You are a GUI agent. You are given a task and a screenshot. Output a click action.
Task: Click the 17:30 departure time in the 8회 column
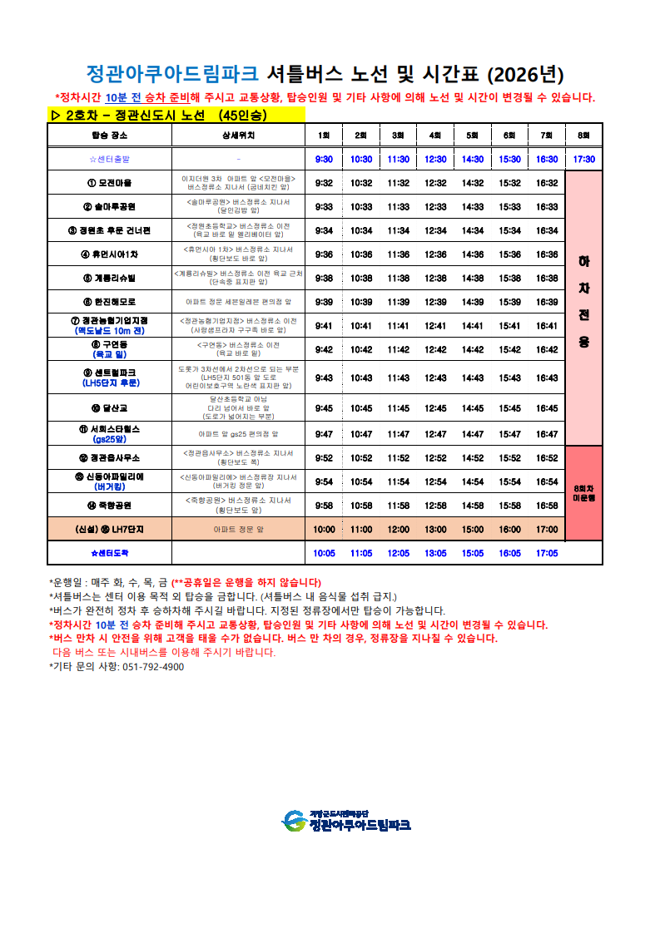[583, 159]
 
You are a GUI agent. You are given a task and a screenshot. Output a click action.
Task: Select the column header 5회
[472, 135]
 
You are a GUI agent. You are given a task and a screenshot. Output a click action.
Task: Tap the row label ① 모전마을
[109, 183]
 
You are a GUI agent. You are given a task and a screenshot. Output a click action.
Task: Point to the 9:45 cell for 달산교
[324, 408]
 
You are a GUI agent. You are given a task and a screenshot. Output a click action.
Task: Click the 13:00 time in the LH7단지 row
[435, 529]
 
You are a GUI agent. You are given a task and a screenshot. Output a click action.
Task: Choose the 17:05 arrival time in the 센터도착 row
[547, 552]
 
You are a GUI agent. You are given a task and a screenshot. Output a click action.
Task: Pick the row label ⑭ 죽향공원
[109, 505]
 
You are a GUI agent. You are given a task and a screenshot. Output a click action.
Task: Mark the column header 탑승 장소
[109, 135]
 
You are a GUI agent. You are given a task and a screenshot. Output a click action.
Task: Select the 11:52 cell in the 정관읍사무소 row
[398, 458]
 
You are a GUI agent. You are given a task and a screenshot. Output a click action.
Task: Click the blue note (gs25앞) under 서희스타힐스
[109, 440]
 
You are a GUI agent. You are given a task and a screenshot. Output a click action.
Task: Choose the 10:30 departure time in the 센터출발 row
[361, 159]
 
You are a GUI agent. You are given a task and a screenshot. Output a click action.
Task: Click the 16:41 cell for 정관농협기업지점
[547, 326]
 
